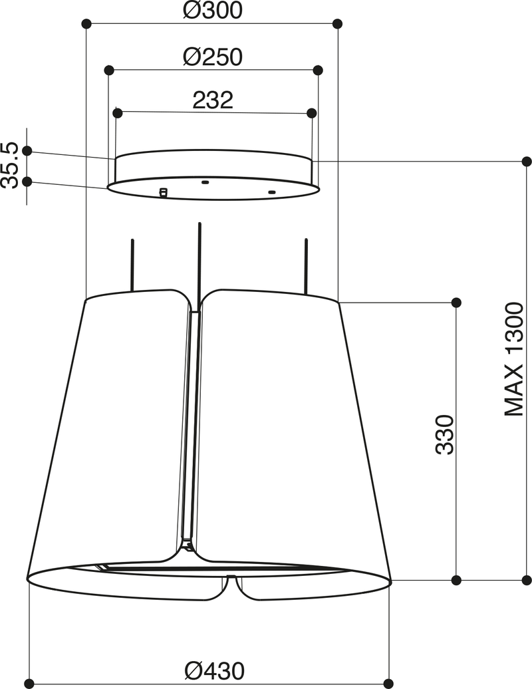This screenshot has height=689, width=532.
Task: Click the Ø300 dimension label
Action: [212, 11]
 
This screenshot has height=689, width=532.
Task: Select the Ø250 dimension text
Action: [212, 57]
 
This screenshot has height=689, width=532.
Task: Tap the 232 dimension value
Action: [213, 100]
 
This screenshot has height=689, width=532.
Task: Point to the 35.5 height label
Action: [9, 165]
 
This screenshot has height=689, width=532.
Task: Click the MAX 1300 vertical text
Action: [515, 359]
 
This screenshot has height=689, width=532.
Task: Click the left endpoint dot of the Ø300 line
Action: [86, 24]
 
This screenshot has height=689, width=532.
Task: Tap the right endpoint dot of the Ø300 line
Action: [337, 24]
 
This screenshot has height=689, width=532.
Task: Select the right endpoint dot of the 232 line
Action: [311, 113]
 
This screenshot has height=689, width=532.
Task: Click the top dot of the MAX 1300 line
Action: [527, 162]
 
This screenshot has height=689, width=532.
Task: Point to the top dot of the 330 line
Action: [456, 303]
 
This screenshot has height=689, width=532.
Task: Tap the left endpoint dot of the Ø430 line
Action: [29, 683]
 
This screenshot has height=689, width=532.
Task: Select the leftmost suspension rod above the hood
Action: [132, 265]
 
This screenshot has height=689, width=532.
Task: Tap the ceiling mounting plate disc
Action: [213, 174]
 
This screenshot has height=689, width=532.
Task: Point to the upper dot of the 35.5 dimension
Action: [27, 151]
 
